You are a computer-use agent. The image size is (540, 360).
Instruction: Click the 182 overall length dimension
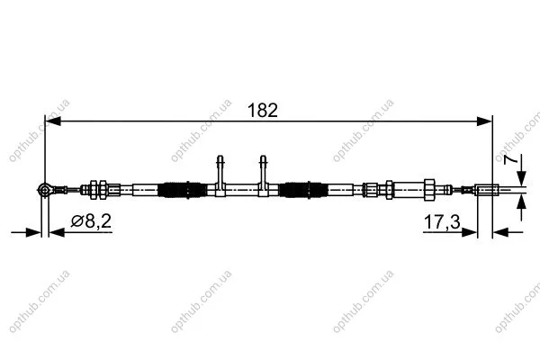pyautogui.click(x=263, y=110)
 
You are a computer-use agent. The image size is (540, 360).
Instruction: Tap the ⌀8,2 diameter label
pyautogui.click(x=91, y=220)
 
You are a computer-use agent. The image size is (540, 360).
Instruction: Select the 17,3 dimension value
pyautogui.click(x=442, y=222)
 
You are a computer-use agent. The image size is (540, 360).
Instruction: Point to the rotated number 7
pyautogui.click(x=510, y=160)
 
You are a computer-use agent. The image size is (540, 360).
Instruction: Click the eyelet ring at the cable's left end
pyautogui.click(x=44, y=189)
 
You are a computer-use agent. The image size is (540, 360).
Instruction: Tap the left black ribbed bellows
pyautogui.click(x=179, y=190)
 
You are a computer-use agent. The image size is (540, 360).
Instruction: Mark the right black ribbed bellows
pyautogui.click(x=301, y=190)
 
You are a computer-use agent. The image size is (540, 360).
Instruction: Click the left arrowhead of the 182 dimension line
pyautogui.click(x=53, y=121)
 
